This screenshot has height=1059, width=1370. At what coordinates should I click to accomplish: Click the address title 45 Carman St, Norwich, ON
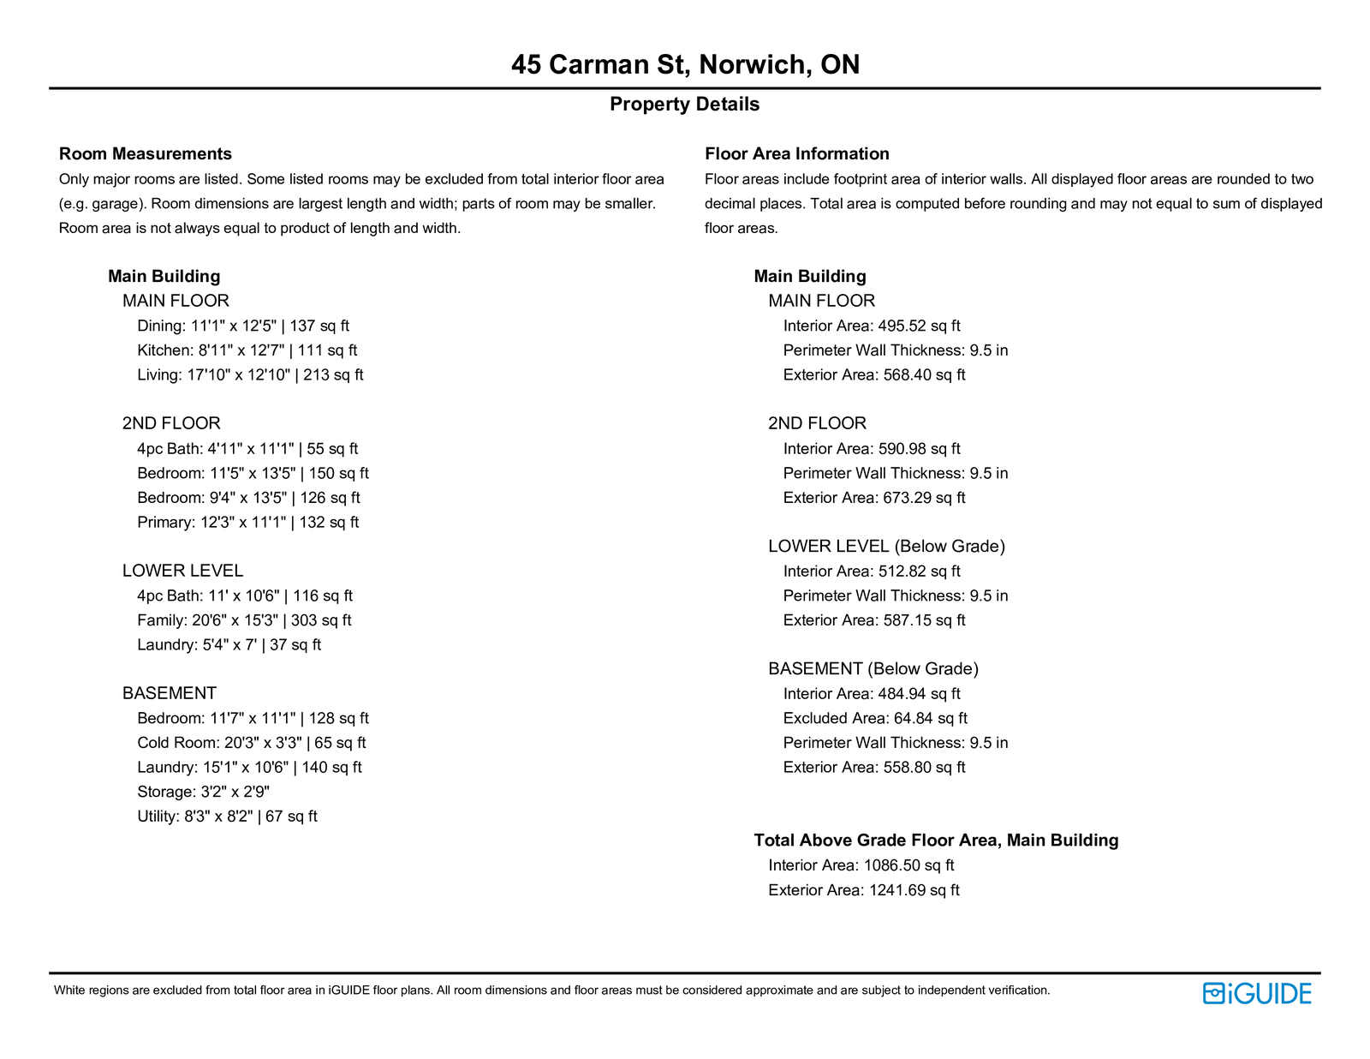pyautogui.click(x=685, y=64)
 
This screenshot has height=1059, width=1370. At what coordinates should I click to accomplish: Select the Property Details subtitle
pyautogui.click(x=685, y=105)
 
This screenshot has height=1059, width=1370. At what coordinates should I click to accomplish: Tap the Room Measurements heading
pyautogui.click(x=146, y=154)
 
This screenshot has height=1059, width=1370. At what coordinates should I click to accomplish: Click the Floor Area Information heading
pyautogui.click(x=797, y=154)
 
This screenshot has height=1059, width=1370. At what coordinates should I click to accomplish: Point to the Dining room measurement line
pyautogui.click(x=243, y=326)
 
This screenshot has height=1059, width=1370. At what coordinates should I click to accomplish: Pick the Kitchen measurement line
pyautogui.click(x=247, y=350)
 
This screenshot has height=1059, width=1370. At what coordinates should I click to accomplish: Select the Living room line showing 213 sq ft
pyautogui.click(x=250, y=375)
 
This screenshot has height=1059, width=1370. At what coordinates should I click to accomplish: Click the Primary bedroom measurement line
pyautogui.click(x=248, y=523)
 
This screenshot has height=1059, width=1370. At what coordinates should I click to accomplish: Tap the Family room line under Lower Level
pyautogui.click(x=244, y=620)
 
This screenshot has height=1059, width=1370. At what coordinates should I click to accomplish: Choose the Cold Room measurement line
pyautogui.click(x=252, y=743)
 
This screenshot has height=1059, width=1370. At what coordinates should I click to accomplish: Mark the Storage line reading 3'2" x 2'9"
pyautogui.click(x=204, y=792)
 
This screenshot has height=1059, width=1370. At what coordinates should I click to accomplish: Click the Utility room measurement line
pyautogui.click(x=227, y=817)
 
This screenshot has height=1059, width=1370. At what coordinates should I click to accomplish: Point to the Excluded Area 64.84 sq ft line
pyautogui.click(x=875, y=718)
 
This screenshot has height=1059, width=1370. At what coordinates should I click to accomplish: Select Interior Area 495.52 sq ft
pyautogui.click(x=872, y=326)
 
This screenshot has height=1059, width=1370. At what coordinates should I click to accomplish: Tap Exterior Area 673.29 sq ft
pyautogui.click(x=874, y=498)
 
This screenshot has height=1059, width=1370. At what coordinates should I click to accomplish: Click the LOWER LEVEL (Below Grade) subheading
pyautogui.click(x=886, y=547)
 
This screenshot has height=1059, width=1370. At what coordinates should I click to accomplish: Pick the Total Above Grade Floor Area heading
pyautogui.click(x=936, y=841)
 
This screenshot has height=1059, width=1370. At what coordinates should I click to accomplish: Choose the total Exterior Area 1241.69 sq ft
pyautogui.click(x=864, y=890)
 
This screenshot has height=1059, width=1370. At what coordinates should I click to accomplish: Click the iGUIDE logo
pyautogui.click(x=1257, y=993)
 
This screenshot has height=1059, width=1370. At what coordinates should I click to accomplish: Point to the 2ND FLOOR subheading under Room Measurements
pyautogui.click(x=171, y=423)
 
